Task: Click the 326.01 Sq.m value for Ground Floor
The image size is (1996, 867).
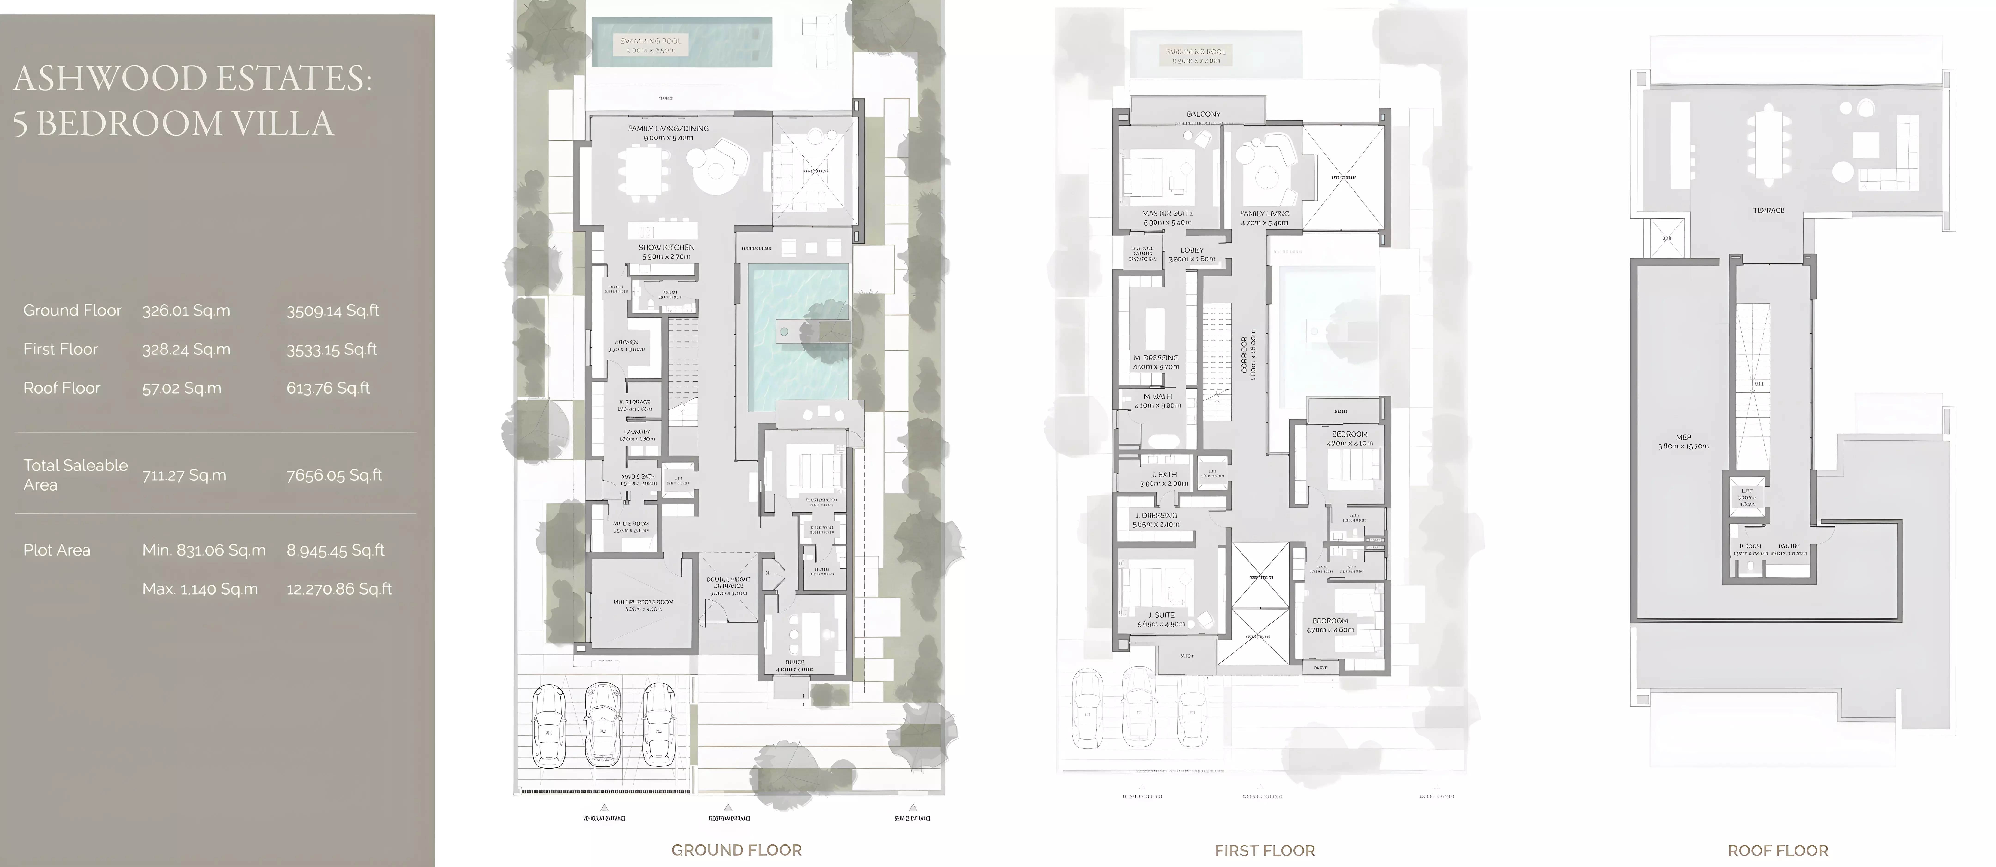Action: pos(186,311)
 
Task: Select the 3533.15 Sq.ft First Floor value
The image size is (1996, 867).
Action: pos(332,349)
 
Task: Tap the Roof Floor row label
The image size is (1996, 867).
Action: pos(62,388)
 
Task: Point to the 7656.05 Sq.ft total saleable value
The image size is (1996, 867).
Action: pos(334,475)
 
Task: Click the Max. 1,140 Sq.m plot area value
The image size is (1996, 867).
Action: pos(200,589)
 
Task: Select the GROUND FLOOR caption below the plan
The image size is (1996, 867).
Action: pos(736,850)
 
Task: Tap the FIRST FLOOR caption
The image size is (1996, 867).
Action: pos(1265,851)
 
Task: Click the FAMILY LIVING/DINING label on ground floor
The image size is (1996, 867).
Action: pos(668,129)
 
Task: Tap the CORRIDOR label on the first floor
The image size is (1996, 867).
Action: pos(1244,355)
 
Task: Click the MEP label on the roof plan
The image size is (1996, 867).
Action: pos(1684,437)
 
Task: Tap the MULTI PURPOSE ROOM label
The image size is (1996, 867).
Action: pos(643,602)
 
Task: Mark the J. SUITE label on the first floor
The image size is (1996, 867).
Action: pos(1161,615)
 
